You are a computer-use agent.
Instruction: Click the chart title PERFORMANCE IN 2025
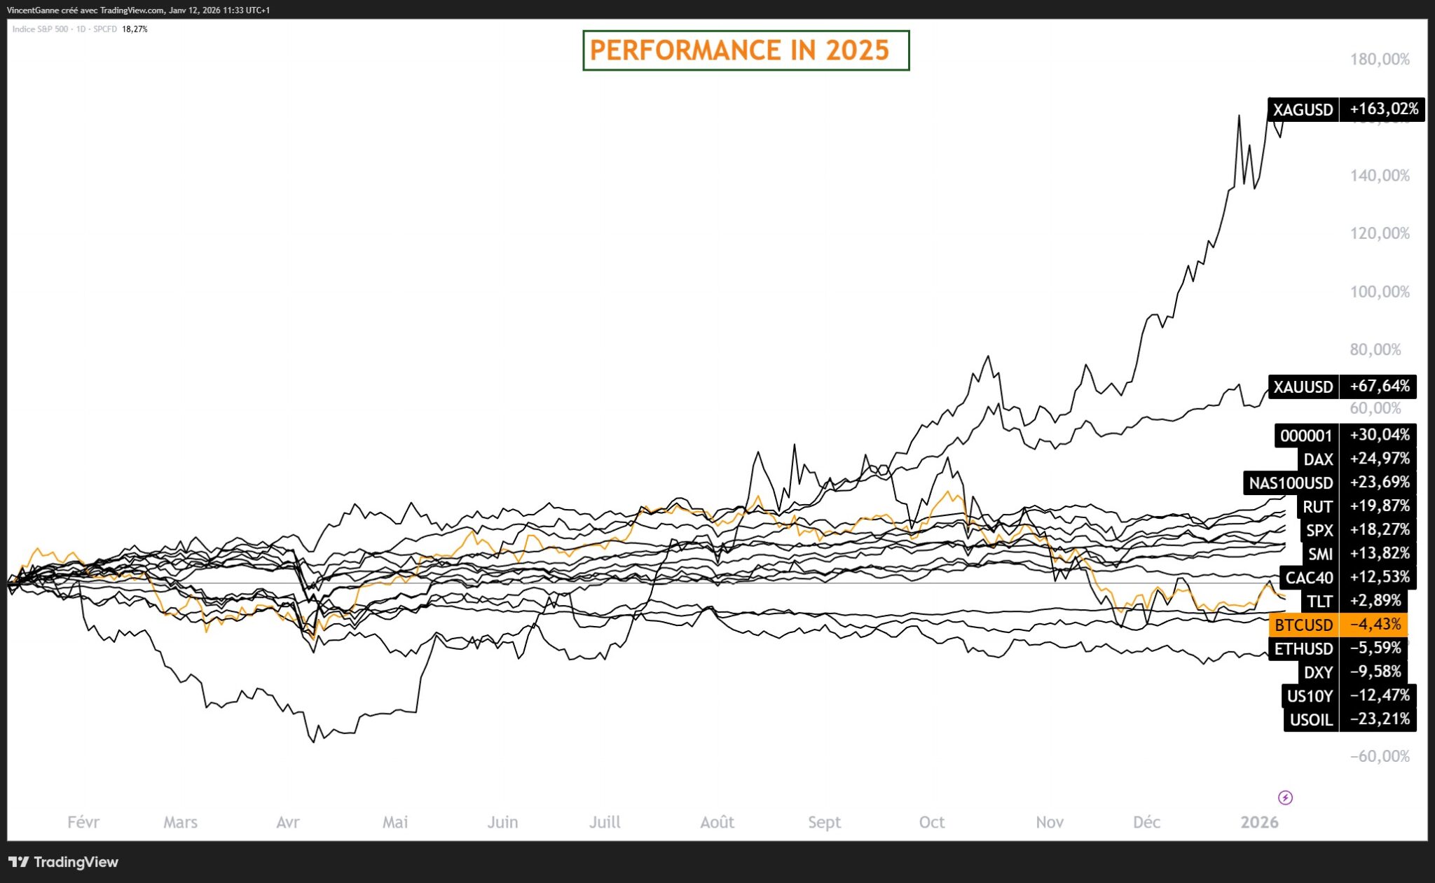coord(739,50)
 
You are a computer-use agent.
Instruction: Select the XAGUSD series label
coord(1303,110)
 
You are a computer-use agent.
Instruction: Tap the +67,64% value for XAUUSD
coord(1379,387)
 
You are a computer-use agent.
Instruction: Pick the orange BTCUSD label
coord(1303,625)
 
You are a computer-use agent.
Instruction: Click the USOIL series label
coord(1311,720)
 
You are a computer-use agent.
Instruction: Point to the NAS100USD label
coord(1291,483)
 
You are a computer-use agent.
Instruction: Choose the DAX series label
coord(1318,459)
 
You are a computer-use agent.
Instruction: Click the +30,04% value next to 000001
coord(1379,435)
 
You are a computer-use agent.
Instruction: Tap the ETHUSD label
coord(1303,648)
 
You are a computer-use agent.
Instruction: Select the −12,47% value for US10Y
coord(1379,695)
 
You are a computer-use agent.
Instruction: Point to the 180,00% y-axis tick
coord(1380,60)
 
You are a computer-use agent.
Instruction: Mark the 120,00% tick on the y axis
coord(1380,234)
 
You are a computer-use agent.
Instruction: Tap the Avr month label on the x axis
coord(288,822)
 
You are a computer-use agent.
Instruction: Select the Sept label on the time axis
coord(824,823)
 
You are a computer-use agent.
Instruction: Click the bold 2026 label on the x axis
coord(1260,822)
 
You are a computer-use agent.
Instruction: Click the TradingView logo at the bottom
coord(64,862)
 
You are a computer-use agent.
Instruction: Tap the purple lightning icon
coord(1286,798)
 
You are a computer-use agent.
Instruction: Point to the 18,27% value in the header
coord(135,29)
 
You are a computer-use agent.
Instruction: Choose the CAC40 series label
coord(1309,578)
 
